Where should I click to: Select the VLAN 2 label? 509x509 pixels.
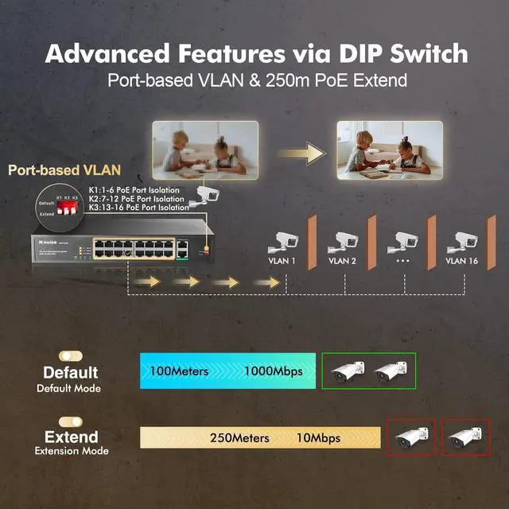[x=343, y=260]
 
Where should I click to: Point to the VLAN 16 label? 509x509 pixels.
[x=462, y=260]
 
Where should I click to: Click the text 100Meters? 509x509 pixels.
[x=179, y=371]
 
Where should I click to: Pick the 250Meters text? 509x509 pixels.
[x=239, y=438]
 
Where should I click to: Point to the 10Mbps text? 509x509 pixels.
[x=317, y=438]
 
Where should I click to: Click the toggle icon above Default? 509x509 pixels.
[x=72, y=356]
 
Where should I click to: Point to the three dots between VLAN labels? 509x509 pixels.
[x=402, y=260]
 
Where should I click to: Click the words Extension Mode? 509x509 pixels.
[x=72, y=452]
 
